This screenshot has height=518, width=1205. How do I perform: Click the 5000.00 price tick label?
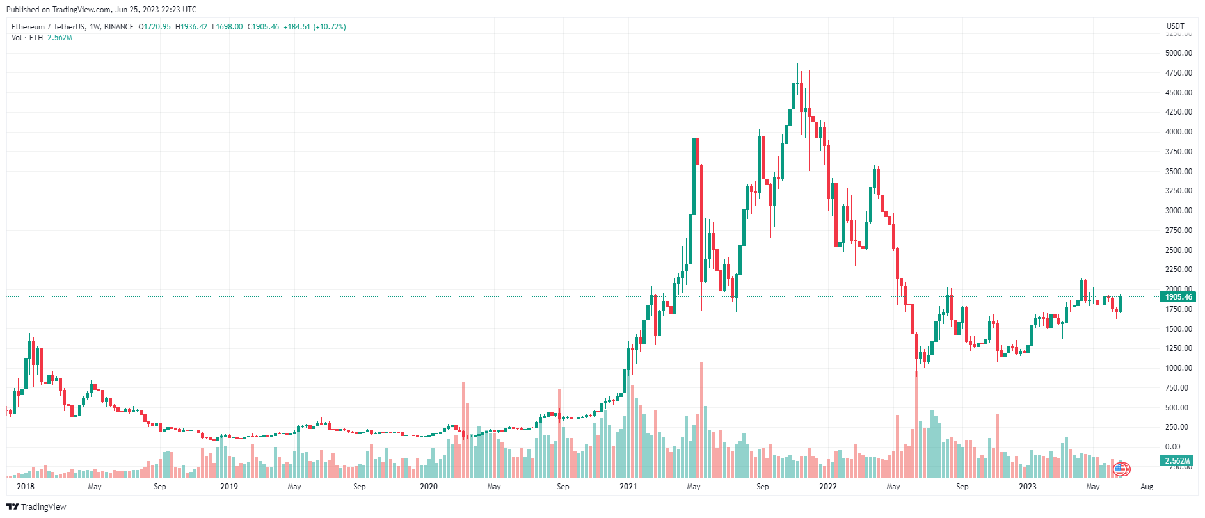pos(1178,53)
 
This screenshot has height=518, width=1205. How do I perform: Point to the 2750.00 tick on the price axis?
pos(1178,231)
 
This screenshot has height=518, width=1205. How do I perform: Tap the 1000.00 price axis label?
pos(1178,368)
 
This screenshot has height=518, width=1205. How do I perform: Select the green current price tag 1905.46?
pos(1177,297)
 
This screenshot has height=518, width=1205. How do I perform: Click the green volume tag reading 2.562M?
pos(1177,461)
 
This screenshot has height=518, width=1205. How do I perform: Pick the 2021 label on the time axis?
pos(628,487)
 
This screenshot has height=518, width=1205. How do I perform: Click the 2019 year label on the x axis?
pos(229,487)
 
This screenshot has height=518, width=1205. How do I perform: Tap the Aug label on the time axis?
pos(1146,487)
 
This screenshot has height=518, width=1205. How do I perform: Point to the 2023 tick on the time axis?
pos(1028,487)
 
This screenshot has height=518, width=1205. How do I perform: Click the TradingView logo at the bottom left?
pos(36,506)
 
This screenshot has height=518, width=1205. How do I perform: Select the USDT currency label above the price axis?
pos(1175,26)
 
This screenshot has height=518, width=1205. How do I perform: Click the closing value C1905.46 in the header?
pos(263,27)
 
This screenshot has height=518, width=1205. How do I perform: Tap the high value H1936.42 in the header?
pos(191,27)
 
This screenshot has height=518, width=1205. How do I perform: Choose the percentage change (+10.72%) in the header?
pos(330,27)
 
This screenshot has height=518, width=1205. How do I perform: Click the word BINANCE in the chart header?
pos(119,27)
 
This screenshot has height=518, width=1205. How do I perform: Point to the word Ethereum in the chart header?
pos(28,27)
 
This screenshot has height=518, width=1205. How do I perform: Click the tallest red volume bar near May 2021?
pos(702,419)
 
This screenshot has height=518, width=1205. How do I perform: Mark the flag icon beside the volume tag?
pos(1121,469)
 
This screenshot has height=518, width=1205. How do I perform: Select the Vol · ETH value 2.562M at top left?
pos(60,38)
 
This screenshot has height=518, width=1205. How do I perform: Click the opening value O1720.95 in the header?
pos(155,27)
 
